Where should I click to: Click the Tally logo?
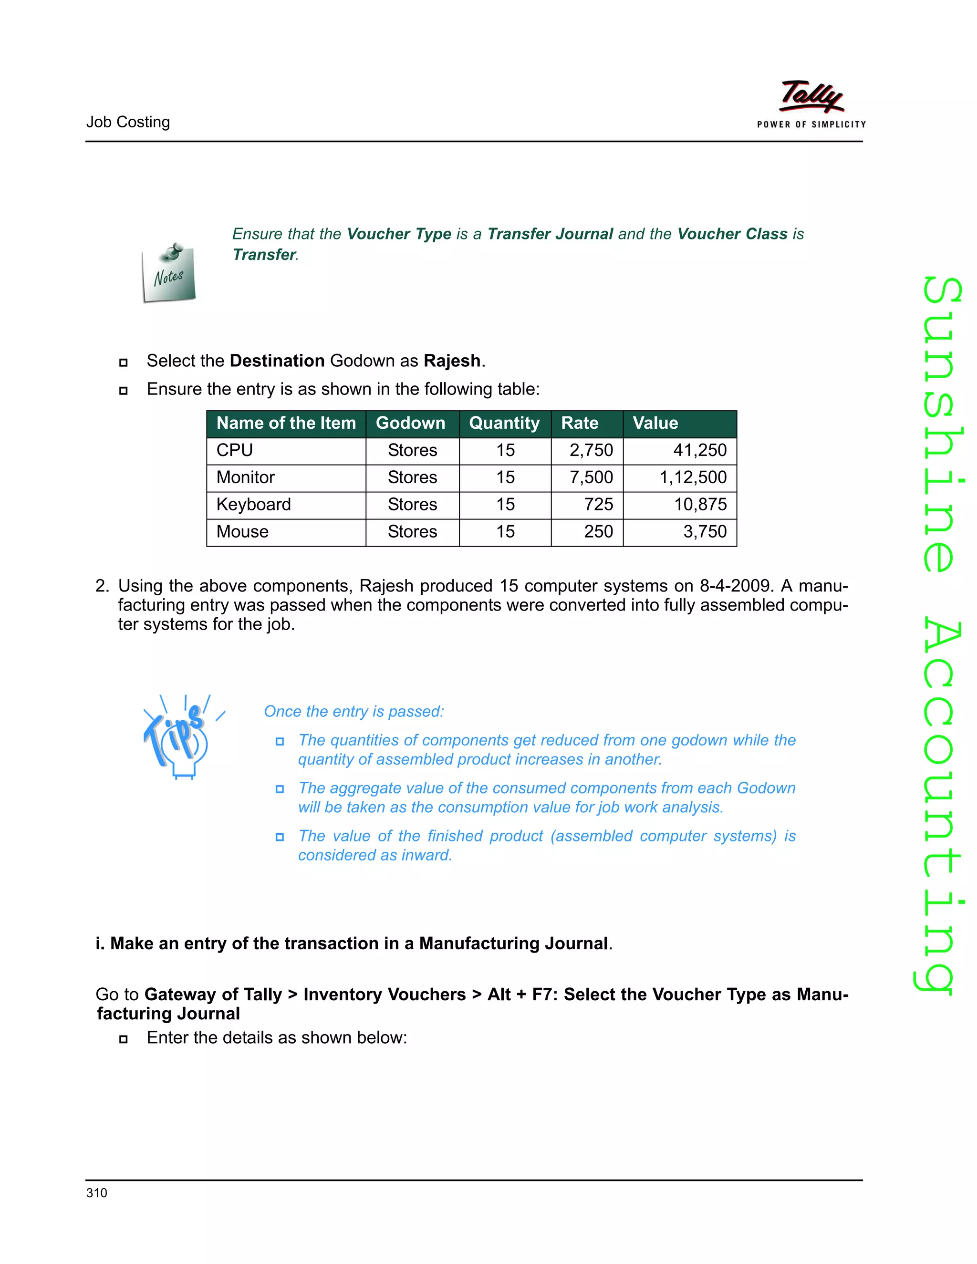click(811, 96)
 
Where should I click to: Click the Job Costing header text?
click(128, 122)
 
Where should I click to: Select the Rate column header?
click(579, 423)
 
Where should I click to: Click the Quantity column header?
click(504, 423)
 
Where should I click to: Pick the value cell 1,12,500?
click(693, 477)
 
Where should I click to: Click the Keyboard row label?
click(253, 505)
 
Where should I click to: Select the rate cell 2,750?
click(591, 450)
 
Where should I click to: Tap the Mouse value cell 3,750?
click(705, 532)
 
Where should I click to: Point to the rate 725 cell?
click(599, 505)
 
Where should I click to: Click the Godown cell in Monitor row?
click(412, 477)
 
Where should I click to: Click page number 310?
click(97, 1193)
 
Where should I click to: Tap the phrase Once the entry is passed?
click(353, 711)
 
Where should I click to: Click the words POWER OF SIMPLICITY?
click(811, 124)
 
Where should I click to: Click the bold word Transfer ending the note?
click(264, 255)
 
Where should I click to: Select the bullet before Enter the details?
click(123, 1039)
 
